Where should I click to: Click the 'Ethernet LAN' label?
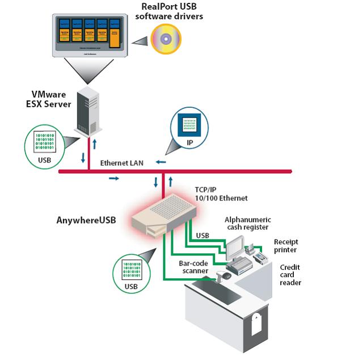click(x=122, y=163)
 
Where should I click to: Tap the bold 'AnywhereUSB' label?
click(x=86, y=219)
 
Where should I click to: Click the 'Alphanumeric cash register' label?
click(x=248, y=224)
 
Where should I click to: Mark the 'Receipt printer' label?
click(x=285, y=245)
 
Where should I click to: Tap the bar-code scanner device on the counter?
click(x=224, y=277)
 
